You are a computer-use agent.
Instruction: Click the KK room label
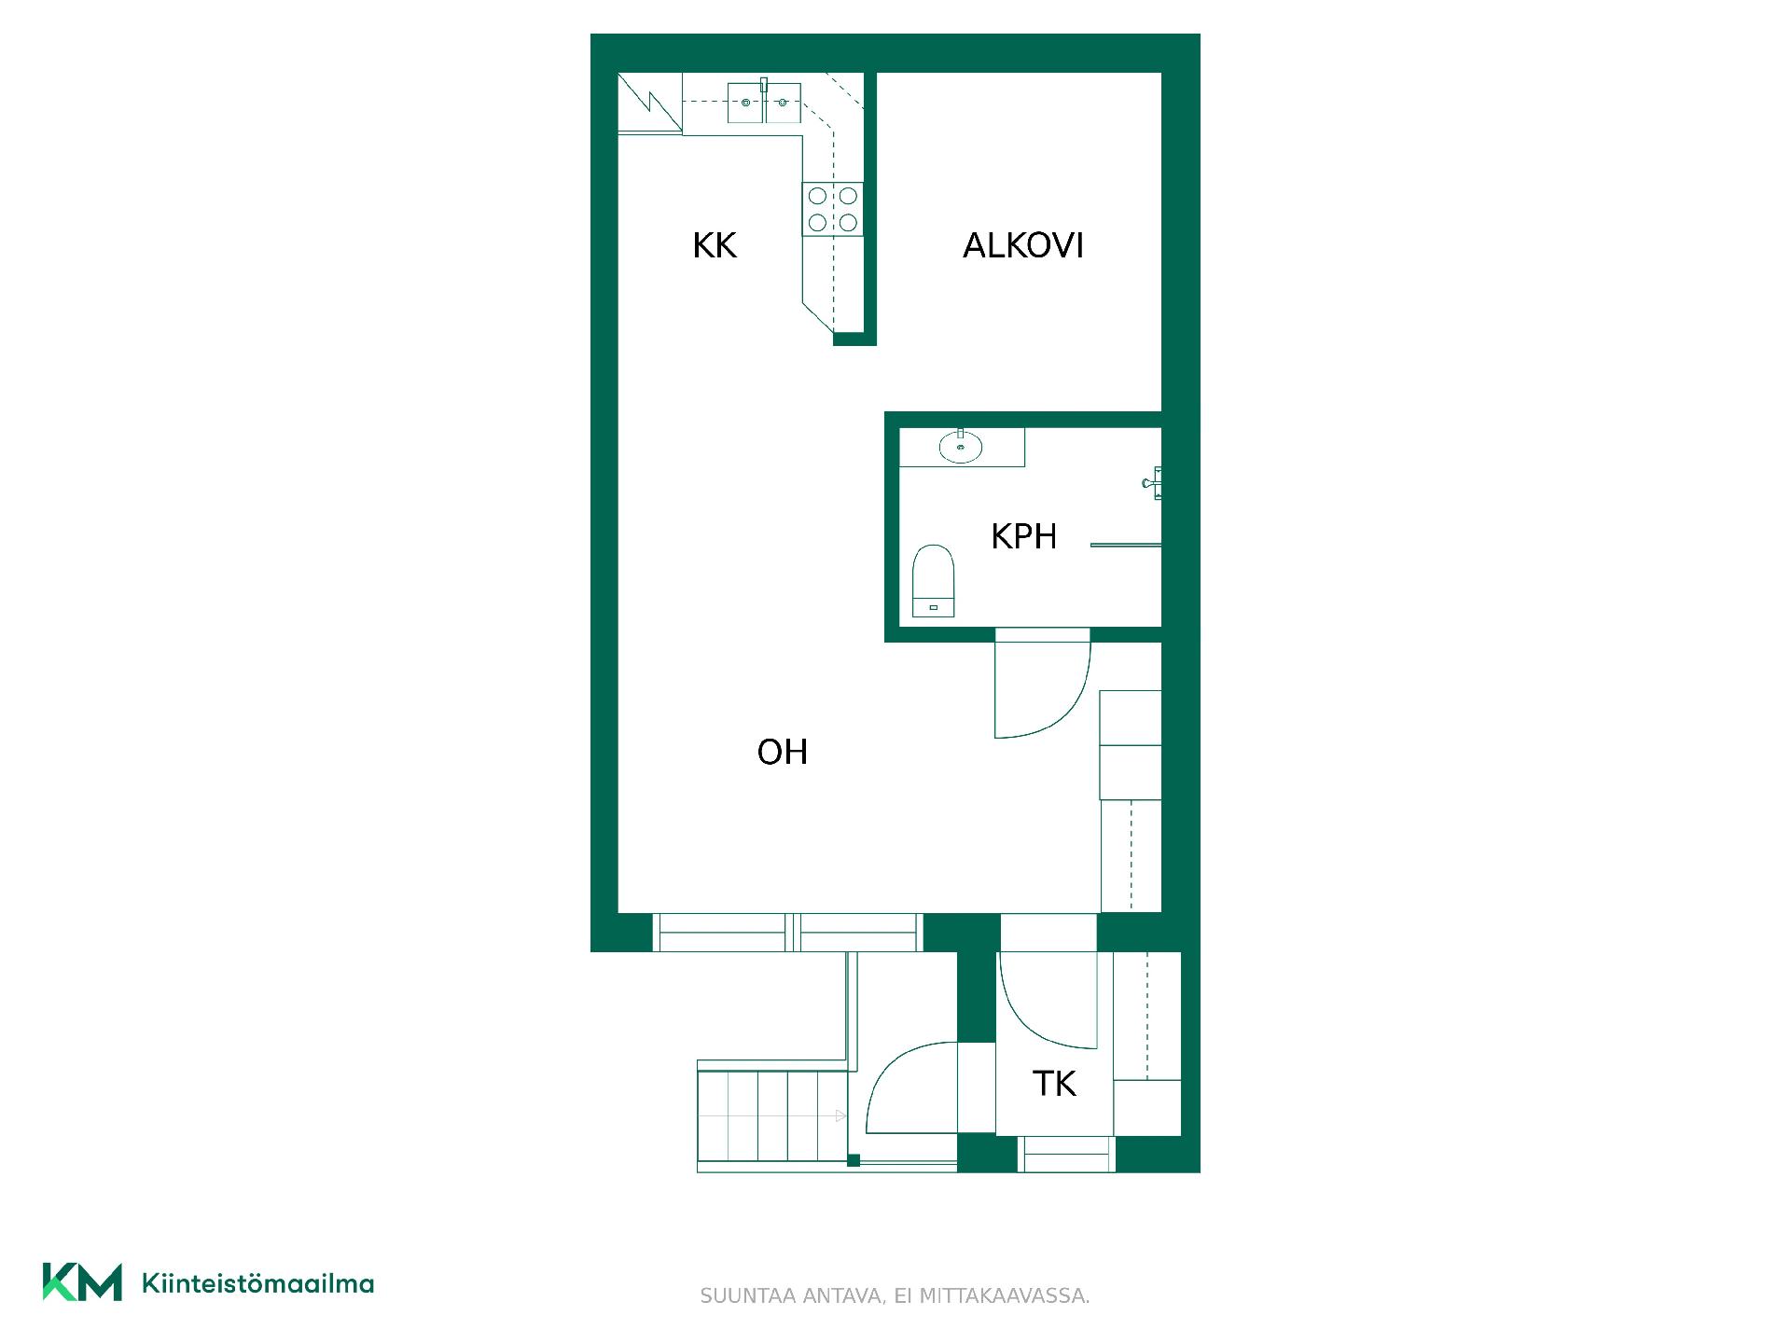(x=715, y=246)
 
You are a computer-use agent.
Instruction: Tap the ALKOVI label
(x=1023, y=246)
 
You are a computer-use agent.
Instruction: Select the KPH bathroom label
(x=1023, y=537)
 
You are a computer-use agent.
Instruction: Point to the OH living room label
(x=782, y=753)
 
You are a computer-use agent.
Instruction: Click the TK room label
(x=1054, y=1084)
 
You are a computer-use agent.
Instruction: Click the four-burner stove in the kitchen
(x=832, y=209)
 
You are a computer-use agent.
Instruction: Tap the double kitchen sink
(x=764, y=103)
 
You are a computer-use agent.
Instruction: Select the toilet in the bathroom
(x=934, y=581)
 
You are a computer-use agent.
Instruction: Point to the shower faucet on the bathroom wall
(x=1153, y=483)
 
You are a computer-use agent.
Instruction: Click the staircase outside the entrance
(x=773, y=1116)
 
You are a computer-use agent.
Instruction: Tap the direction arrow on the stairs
(x=772, y=1116)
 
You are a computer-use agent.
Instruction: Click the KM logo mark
(x=82, y=1281)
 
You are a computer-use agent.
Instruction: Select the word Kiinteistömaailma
(x=257, y=1283)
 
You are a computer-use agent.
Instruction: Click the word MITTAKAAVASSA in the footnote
(x=1005, y=1296)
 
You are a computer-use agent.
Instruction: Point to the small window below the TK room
(x=1066, y=1154)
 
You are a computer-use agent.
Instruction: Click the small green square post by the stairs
(x=853, y=1160)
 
